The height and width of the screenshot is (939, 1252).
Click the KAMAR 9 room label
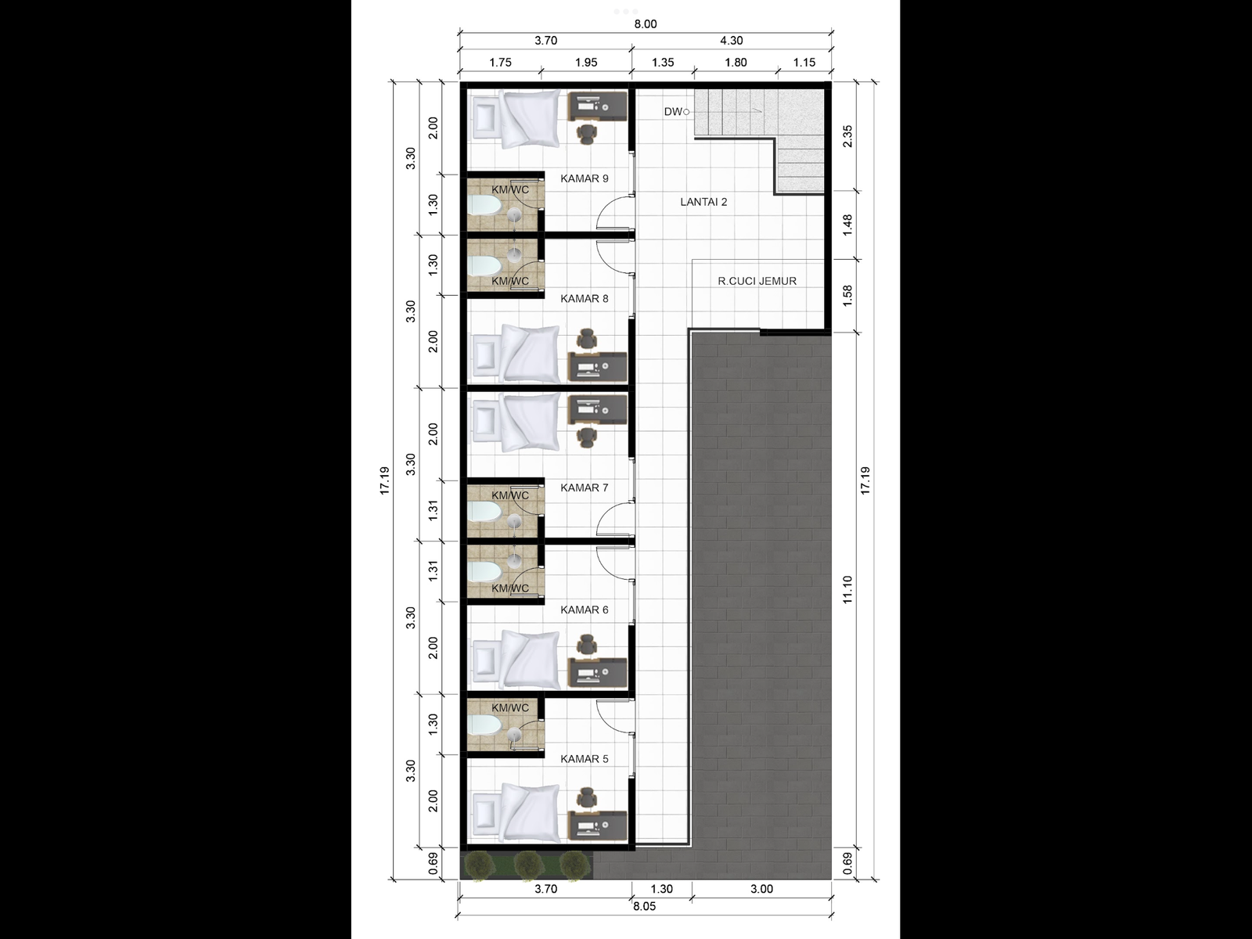[584, 178]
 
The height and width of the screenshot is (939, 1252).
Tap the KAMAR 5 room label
[584, 759]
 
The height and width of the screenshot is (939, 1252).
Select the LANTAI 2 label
[703, 202]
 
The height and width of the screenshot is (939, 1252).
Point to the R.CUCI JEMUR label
[757, 281]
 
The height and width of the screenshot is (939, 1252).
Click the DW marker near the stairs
[675, 112]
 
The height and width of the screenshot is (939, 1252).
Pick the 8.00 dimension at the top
[645, 24]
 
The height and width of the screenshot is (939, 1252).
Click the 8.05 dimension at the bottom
[643, 906]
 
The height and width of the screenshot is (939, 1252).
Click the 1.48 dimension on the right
[847, 225]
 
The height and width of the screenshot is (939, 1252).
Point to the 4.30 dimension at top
[731, 41]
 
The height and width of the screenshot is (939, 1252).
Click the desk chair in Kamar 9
[587, 134]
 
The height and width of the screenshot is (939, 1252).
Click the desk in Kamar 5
[598, 826]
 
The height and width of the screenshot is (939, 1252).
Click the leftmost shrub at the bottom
[479, 865]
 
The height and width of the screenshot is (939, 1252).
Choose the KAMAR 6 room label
[584, 610]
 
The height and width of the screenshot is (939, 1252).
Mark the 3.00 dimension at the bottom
[761, 889]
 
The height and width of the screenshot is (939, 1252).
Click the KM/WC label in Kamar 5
[510, 708]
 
